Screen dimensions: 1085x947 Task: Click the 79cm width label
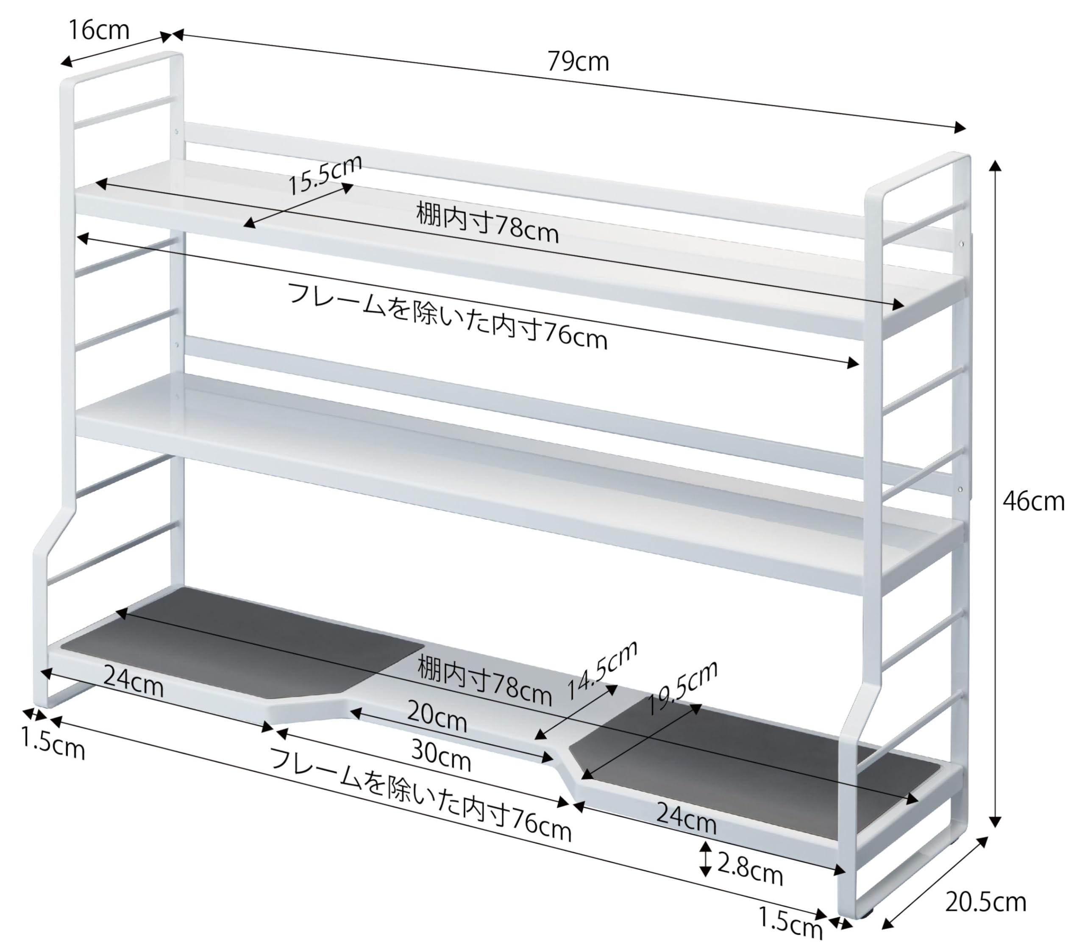tap(578, 62)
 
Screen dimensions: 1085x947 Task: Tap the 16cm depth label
tap(99, 30)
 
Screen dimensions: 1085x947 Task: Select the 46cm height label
tap(1033, 501)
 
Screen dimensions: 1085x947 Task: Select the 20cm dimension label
tap(437, 717)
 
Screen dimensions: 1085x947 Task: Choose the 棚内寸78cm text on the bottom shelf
tap(484, 681)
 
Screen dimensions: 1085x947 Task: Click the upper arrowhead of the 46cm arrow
tap(995, 166)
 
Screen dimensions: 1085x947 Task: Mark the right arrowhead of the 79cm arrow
tap(960, 127)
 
